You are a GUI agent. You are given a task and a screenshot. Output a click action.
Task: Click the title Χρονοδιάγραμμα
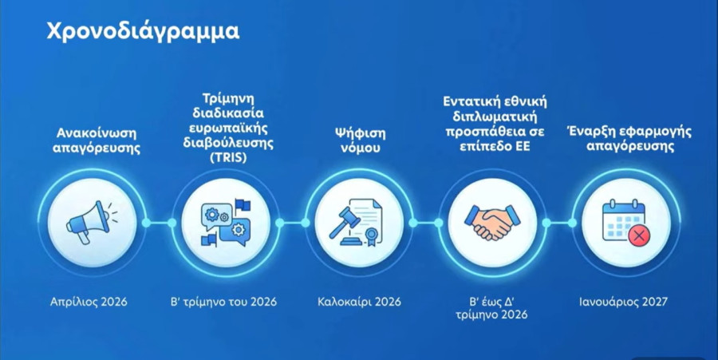[x=143, y=32]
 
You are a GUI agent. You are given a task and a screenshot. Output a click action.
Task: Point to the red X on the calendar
[x=639, y=237]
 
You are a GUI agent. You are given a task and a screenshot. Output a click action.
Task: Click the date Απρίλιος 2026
[x=89, y=302]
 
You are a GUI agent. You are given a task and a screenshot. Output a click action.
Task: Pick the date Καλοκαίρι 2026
[x=360, y=302]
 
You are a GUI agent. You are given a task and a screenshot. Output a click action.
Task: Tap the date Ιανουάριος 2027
[x=623, y=302]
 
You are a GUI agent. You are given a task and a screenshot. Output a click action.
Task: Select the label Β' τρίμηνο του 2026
[x=223, y=302]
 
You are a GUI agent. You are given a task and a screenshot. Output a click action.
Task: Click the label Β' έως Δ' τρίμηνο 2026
[x=491, y=308]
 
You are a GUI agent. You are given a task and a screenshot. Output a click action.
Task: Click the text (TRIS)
[x=228, y=157]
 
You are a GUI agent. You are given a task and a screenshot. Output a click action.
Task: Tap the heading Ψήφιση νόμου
[x=360, y=140]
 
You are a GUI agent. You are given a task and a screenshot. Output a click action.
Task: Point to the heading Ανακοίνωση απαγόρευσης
[x=97, y=140]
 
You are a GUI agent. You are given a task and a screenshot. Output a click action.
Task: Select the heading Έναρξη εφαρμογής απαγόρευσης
[x=629, y=139]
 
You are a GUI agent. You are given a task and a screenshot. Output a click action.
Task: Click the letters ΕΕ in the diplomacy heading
[x=522, y=147]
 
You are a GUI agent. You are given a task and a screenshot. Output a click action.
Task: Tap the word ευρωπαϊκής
[x=228, y=128]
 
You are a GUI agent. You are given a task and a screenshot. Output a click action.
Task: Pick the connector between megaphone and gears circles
[x=159, y=223]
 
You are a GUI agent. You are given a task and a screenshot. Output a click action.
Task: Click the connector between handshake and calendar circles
[x=559, y=223]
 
